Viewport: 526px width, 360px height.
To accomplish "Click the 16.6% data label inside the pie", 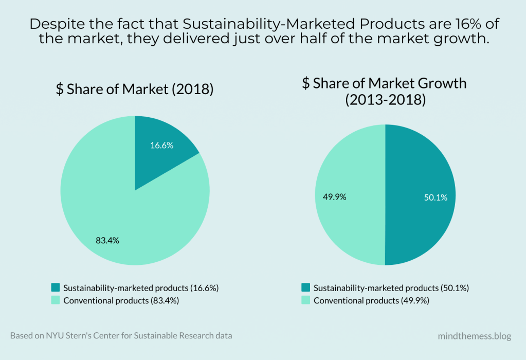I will coord(161,145).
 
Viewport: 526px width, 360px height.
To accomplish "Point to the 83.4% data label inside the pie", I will coord(107,240).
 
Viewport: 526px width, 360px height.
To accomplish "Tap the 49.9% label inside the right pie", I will coord(334,196).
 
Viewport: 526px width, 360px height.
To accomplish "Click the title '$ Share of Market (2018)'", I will coord(135,89).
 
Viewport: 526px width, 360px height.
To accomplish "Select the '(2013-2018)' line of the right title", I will coord(385,100).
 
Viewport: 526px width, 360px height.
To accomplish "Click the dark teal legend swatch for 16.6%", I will coord(55,287).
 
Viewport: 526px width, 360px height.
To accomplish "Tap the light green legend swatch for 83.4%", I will coord(55,300).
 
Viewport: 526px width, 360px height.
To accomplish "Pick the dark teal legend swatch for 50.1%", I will coord(305,287).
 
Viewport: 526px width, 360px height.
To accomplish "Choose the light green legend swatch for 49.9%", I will coord(305,300).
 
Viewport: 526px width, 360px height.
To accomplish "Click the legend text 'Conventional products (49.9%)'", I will coord(371,300).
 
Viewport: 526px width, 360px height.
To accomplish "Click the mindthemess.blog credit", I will coord(474,336).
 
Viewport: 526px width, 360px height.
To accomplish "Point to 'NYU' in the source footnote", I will coord(57,336).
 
